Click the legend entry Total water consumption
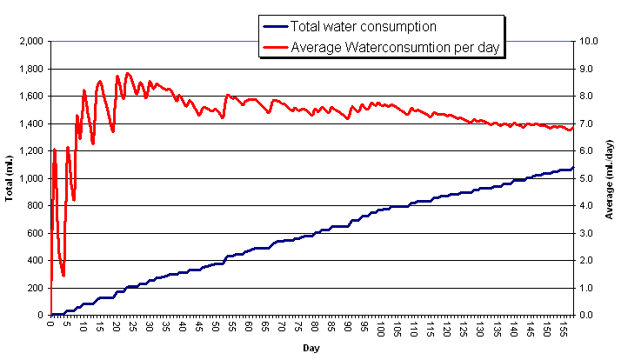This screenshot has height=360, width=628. (x=363, y=27)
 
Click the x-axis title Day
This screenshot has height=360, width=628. (x=311, y=348)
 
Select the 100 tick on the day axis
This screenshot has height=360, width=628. (x=381, y=329)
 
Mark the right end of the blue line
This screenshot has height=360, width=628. (x=573, y=167)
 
